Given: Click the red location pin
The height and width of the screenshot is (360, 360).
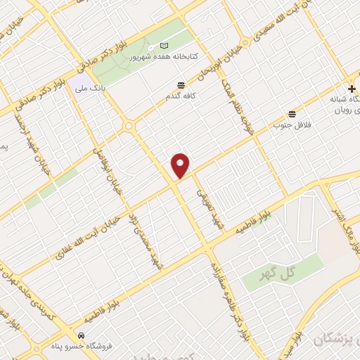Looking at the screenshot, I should (x=181, y=165).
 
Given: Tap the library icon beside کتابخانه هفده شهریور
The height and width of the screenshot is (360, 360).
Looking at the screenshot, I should (x=165, y=46).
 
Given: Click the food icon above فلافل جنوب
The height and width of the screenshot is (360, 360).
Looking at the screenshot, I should (x=292, y=114).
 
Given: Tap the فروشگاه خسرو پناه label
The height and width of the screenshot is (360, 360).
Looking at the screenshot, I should (x=83, y=345).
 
